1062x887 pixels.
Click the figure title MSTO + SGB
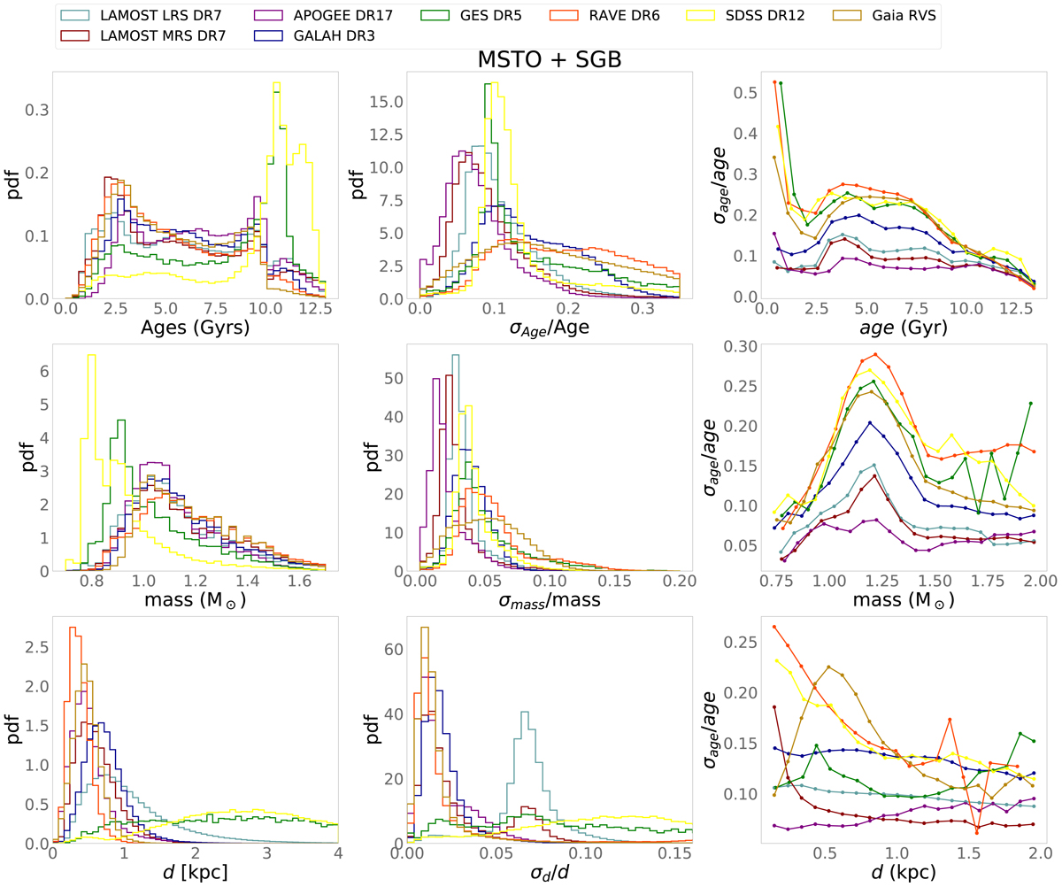click(x=549, y=59)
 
